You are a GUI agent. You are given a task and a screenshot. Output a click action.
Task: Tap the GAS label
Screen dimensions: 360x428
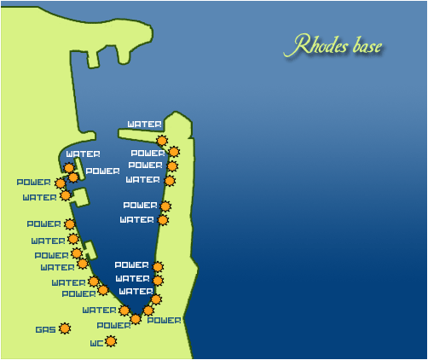click(45, 329)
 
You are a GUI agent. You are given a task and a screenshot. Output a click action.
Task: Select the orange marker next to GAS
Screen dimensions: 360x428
click(64, 328)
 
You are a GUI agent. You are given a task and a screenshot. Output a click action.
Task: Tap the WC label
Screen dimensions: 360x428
click(96, 344)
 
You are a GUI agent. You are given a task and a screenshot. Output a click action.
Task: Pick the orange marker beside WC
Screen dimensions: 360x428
click(110, 342)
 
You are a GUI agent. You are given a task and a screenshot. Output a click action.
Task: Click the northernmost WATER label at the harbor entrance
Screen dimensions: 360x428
click(144, 125)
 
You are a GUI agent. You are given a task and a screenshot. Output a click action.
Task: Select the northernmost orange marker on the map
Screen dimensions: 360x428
click(162, 141)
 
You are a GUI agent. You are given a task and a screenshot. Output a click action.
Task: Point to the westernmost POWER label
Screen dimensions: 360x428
click(33, 182)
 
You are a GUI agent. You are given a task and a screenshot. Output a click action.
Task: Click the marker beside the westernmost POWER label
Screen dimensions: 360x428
click(60, 183)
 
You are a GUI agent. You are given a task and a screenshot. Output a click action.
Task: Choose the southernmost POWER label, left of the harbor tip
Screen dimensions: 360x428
click(113, 325)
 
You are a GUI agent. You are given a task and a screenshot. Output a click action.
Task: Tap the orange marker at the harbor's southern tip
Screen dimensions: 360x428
click(136, 319)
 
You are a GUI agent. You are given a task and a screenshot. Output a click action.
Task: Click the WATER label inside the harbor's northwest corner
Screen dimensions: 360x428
click(83, 154)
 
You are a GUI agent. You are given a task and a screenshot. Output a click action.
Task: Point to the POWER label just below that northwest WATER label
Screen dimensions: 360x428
click(102, 171)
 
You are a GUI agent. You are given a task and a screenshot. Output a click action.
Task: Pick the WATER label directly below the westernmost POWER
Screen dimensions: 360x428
click(39, 198)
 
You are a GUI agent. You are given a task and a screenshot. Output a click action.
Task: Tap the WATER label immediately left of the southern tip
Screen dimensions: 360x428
click(99, 310)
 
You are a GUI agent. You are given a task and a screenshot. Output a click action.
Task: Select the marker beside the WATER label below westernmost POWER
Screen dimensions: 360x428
click(66, 195)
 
